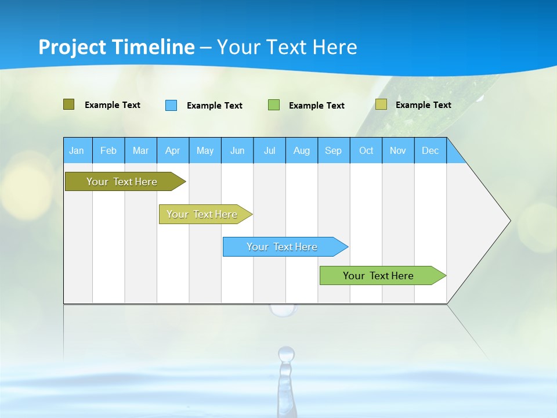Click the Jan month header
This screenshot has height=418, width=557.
77,150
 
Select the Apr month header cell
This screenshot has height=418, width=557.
172,150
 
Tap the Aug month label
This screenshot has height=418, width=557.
301,150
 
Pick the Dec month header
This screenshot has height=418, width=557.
430,150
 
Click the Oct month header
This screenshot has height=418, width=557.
366,150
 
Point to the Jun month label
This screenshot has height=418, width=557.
237,150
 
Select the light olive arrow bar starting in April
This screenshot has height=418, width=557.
203,214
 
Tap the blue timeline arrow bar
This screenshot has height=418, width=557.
283,247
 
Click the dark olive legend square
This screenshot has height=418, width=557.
68,105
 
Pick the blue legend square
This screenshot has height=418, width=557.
171,105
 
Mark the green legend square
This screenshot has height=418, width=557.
274,105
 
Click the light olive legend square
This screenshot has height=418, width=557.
381,105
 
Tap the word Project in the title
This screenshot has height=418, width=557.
73,47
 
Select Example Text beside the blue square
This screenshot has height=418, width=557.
215,106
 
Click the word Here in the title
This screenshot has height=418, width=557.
335,47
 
